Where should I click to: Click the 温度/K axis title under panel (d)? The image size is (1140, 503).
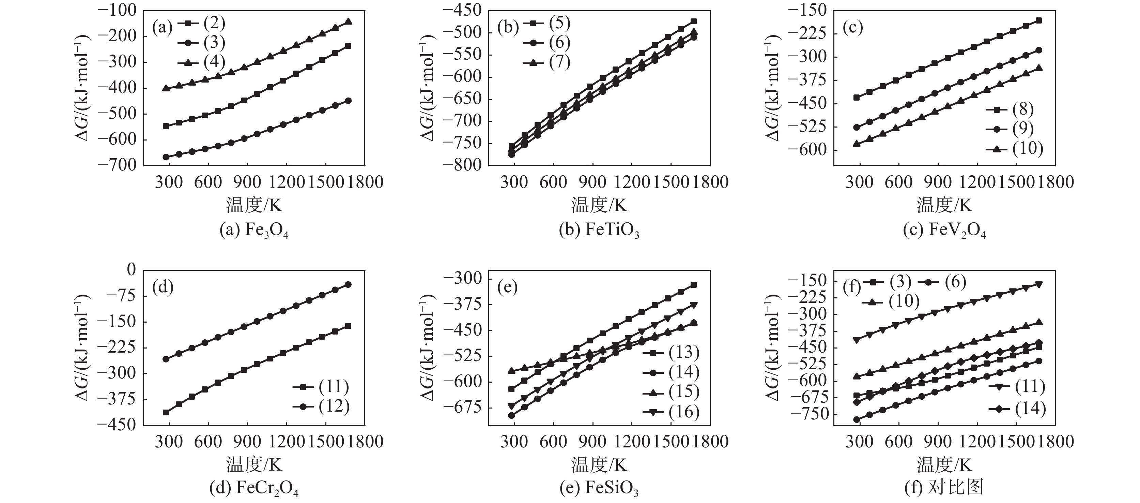[254, 464]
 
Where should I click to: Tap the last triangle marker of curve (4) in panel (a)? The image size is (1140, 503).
[348, 21]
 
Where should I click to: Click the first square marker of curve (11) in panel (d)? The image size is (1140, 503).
[166, 412]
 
